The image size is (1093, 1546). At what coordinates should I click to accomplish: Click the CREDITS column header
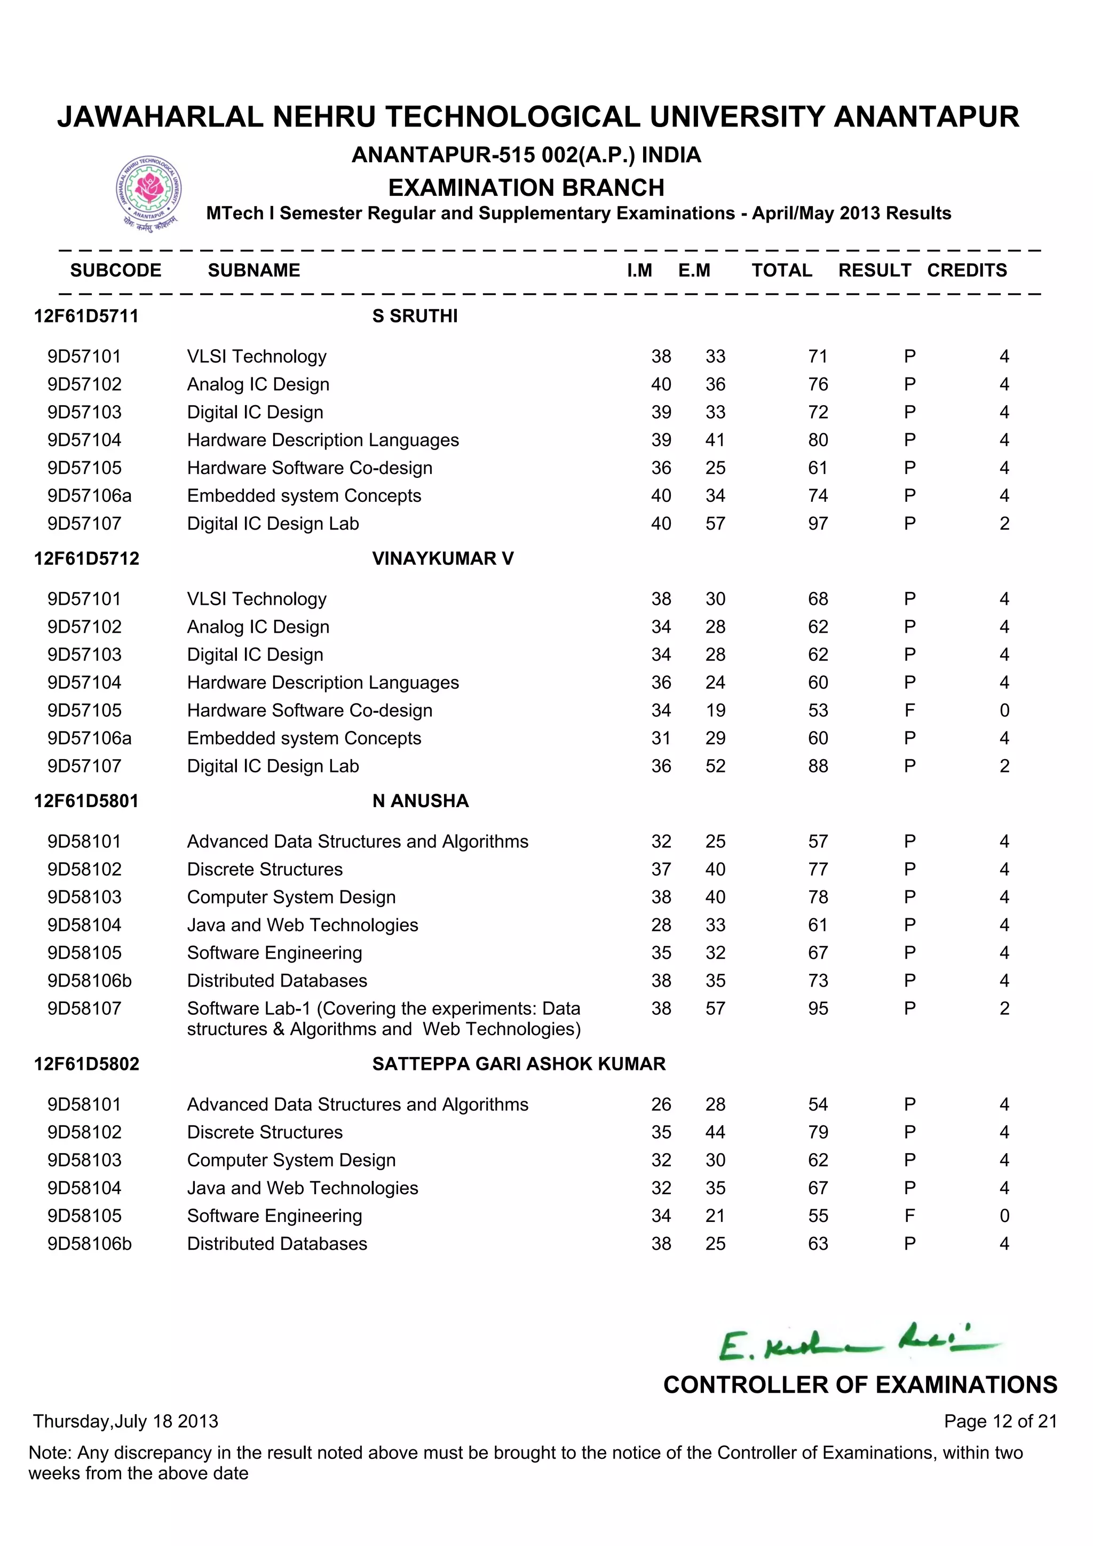pyautogui.click(x=967, y=270)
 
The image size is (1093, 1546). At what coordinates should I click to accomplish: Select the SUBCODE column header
pyautogui.click(x=116, y=270)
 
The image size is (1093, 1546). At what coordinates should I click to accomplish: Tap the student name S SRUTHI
pyautogui.click(x=415, y=316)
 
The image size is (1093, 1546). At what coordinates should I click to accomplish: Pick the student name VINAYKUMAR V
pyautogui.click(x=442, y=558)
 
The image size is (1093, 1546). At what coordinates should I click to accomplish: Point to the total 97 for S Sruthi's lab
pyautogui.click(x=818, y=523)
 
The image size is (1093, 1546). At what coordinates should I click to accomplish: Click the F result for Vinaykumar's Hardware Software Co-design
pyautogui.click(x=909, y=711)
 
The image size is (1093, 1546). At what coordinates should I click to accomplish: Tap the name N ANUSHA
pyautogui.click(x=420, y=801)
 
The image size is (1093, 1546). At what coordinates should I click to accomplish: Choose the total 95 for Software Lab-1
pyautogui.click(x=818, y=1008)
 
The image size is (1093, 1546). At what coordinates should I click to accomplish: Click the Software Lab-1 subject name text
pyautogui.click(x=384, y=1018)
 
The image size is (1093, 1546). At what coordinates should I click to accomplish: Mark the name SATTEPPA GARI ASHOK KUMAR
pyautogui.click(x=518, y=1064)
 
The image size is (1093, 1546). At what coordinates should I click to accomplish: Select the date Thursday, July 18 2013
pyautogui.click(x=126, y=1422)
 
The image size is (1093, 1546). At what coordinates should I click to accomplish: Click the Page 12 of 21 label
pyautogui.click(x=1000, y=1422)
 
